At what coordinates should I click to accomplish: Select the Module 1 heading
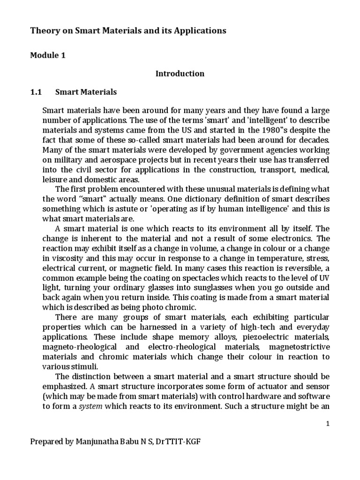coord(48,56)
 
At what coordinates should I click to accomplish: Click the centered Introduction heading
coord(180,74)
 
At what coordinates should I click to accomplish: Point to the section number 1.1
coord(37,92)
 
